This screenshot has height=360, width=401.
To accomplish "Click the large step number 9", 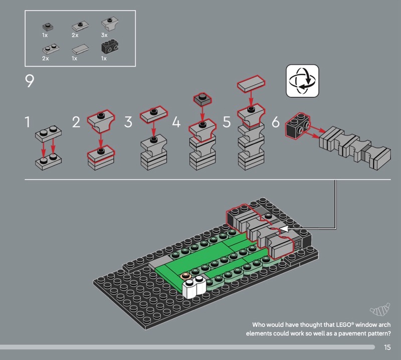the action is (30, 81).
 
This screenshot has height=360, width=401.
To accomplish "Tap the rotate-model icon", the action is (302, 81).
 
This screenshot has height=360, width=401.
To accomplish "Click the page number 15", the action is (387, 347).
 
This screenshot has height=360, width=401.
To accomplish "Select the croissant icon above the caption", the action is (380, 309).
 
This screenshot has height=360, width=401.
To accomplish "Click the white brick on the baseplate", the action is (194, 287).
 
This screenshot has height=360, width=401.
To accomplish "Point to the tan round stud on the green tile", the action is (184, 276).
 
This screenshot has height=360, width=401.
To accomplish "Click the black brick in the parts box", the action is (110, 47).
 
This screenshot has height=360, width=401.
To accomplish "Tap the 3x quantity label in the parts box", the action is (104, 35).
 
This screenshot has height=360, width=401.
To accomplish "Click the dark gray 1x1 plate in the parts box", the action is (48, 27).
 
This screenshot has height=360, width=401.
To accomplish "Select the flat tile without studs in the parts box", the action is (80, 49).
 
